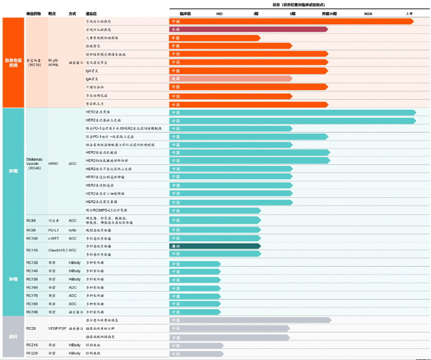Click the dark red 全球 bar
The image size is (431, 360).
point(248,30)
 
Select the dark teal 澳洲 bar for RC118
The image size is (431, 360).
point(214,247)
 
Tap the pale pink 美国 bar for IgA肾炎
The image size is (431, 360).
point(230,78)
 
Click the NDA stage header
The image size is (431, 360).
point(368,13)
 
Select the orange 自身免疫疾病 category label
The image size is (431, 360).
point(13,62)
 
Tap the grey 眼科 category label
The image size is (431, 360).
point(13,336)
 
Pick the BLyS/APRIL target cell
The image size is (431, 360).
point(54,62)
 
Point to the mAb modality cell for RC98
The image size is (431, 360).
point(72,230)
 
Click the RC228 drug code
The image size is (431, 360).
point(31,353)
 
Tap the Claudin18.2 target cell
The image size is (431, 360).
point(57,250)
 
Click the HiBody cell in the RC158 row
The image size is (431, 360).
point(74,279)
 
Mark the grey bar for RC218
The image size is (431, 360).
point(196,345)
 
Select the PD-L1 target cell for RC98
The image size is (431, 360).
point(53,230)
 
